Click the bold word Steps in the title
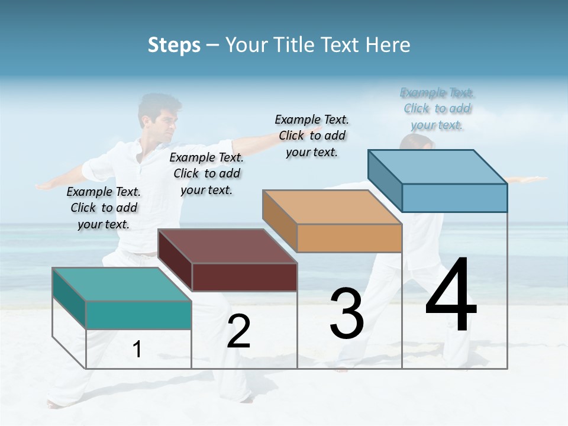174,45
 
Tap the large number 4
451,296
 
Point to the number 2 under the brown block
238,331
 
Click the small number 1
137,350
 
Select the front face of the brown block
244,277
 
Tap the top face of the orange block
332,207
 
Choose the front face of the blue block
454,198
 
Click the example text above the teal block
104,208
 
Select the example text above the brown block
206,173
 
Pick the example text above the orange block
312,135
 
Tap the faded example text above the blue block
437,108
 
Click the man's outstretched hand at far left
44,186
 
